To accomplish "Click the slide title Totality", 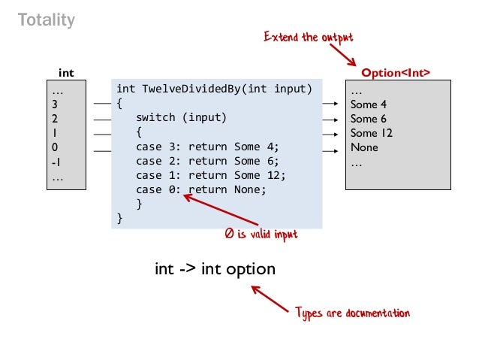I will [x=47, y=20].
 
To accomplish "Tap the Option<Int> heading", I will [x=396, y=73].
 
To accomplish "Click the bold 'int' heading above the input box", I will [x=67, y=73].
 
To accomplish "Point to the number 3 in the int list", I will [x=55, y=104].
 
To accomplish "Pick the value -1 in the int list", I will [x=56, y=162].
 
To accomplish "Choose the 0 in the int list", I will [x=55, y=147].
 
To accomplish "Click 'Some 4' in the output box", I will [x=368, y=104].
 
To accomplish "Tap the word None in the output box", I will [x=364, y=147].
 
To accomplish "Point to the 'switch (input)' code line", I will [x=181, y=118].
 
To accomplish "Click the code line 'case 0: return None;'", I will [x=200, y=189].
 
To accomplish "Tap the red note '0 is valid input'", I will [x=261, y=235].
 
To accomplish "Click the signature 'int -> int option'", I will [x=215, y=268].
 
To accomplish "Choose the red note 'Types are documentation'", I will [x=352, y=313].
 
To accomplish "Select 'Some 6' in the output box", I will [x=368, y=119].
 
